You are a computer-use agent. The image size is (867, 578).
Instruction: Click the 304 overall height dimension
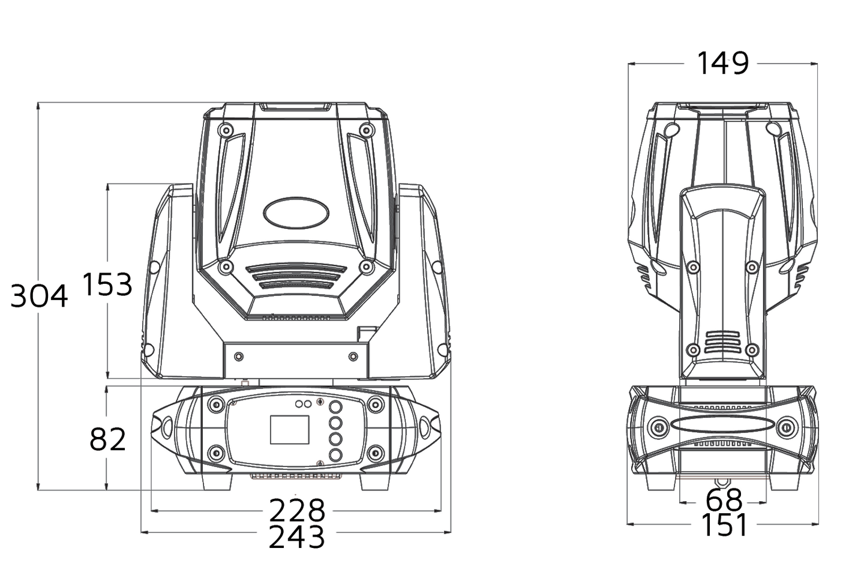tap(39, 296)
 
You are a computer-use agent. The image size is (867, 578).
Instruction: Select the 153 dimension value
tap(107, 284)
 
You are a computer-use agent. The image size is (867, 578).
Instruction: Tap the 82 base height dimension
tap(107, 439)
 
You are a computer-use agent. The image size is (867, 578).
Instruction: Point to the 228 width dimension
tap(297, 510)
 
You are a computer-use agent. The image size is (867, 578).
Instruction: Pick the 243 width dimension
tap(296, 537)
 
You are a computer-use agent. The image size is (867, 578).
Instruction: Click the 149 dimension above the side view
tap(722, 63)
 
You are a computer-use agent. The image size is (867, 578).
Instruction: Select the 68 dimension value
tap(724, 500)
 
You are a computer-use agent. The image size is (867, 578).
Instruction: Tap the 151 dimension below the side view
tap(724, 525)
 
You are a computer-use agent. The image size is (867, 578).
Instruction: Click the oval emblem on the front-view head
tap(296, 212)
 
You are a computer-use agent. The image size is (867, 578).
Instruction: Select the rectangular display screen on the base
tap(290, 430)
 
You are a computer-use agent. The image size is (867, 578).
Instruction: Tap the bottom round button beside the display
tap(335, 455)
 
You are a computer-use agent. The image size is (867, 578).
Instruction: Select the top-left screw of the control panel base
tap(215, 405)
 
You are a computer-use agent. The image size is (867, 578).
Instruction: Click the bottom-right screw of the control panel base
tap(374, 453)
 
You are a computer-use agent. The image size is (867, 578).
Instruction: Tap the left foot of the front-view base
tap(217, 481)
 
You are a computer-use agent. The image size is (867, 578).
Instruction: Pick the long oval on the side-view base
tap(722, 424)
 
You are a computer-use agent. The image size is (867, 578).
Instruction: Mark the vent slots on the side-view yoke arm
tap(722, 342)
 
